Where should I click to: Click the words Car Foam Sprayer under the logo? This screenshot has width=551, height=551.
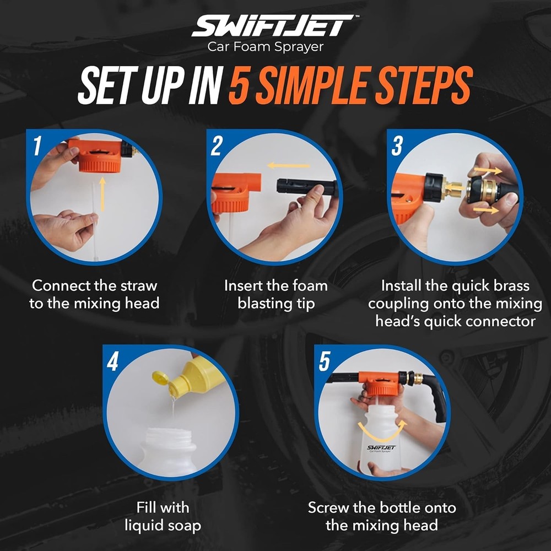[x=265, y=47]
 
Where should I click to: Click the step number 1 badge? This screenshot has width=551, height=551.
[x=37, y=147]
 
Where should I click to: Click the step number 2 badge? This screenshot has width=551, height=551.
[x=216, y=147]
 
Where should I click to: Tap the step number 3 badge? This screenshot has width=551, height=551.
[x=396, y=147]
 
